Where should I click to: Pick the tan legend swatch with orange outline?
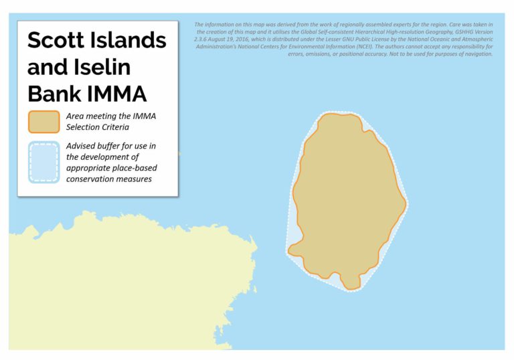[x=44, y=121]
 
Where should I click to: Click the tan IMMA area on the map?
[x=348, y=201]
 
